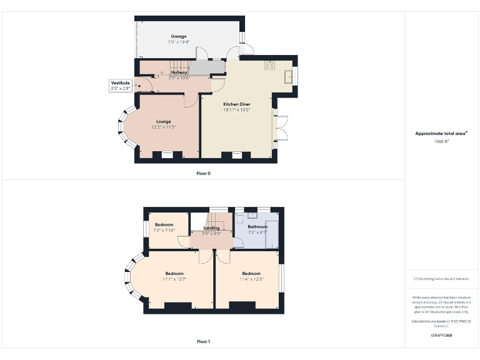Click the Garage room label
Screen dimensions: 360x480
179,36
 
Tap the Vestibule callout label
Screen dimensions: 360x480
120,83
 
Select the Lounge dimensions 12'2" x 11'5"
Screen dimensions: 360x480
163,127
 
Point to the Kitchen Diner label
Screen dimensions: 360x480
237,104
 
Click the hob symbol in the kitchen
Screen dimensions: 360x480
270,64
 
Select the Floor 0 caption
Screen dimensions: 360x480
204,173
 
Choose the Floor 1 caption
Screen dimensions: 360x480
204,342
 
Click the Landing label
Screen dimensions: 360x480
212,228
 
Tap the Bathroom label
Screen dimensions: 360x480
257,227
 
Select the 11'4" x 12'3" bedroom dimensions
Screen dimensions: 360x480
251,279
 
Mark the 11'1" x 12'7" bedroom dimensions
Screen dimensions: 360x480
174,279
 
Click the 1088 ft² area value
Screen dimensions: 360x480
442,141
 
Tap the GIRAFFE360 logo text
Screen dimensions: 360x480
441,336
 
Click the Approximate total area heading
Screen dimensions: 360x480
441,134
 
